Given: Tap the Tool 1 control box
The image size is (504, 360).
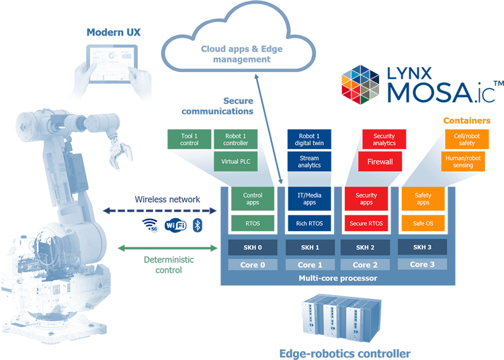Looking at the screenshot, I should [190, 138].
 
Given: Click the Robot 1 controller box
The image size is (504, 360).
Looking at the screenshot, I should [235, 138].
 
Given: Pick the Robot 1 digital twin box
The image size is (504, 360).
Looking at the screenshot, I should [308, 138].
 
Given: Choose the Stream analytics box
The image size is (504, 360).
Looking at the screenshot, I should [308, 161].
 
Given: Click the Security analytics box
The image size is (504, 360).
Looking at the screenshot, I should [384, 139].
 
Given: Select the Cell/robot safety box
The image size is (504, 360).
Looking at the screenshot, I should [462, 139].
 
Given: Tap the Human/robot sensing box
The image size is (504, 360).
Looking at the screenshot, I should [462, 161].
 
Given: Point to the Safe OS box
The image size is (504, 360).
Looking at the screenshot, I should [423, 223].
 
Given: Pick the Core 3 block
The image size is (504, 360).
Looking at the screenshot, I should [423, 265].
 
